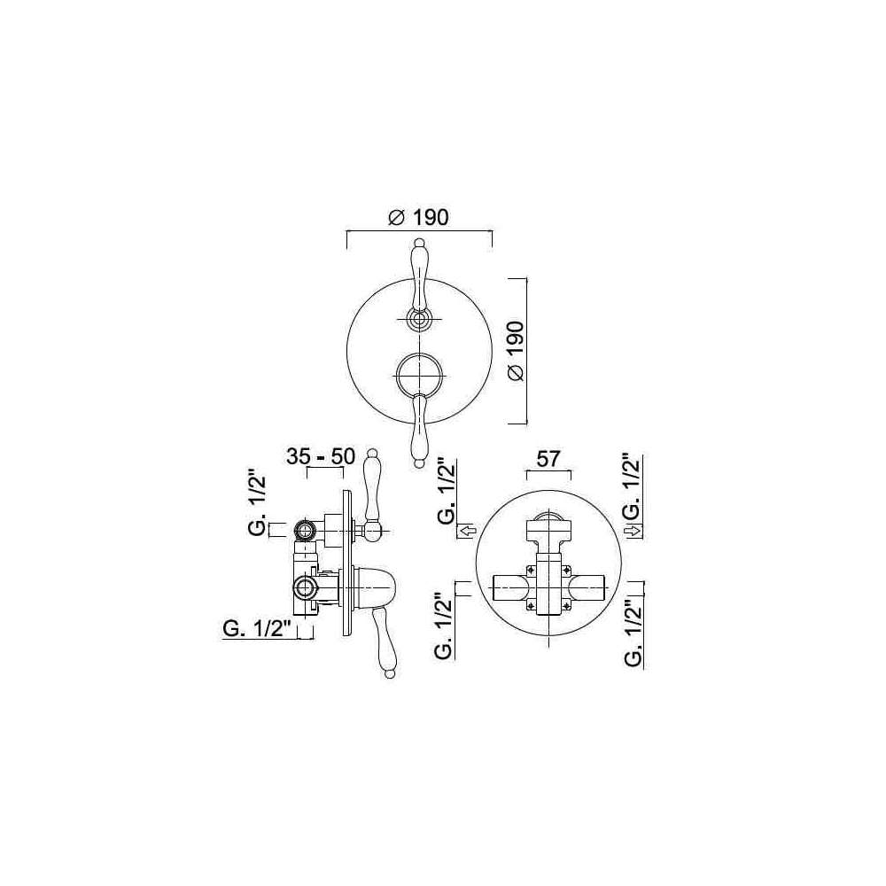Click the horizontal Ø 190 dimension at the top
(x=419, y=217)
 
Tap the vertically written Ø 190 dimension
(x=516, y=351)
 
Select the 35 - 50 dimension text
(x=321, y=456)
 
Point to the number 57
(x=548, y=459)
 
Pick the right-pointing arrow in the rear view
(x=634, y=531)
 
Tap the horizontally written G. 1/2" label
(x=257, y=629)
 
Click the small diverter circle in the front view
(x=419, y=320)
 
